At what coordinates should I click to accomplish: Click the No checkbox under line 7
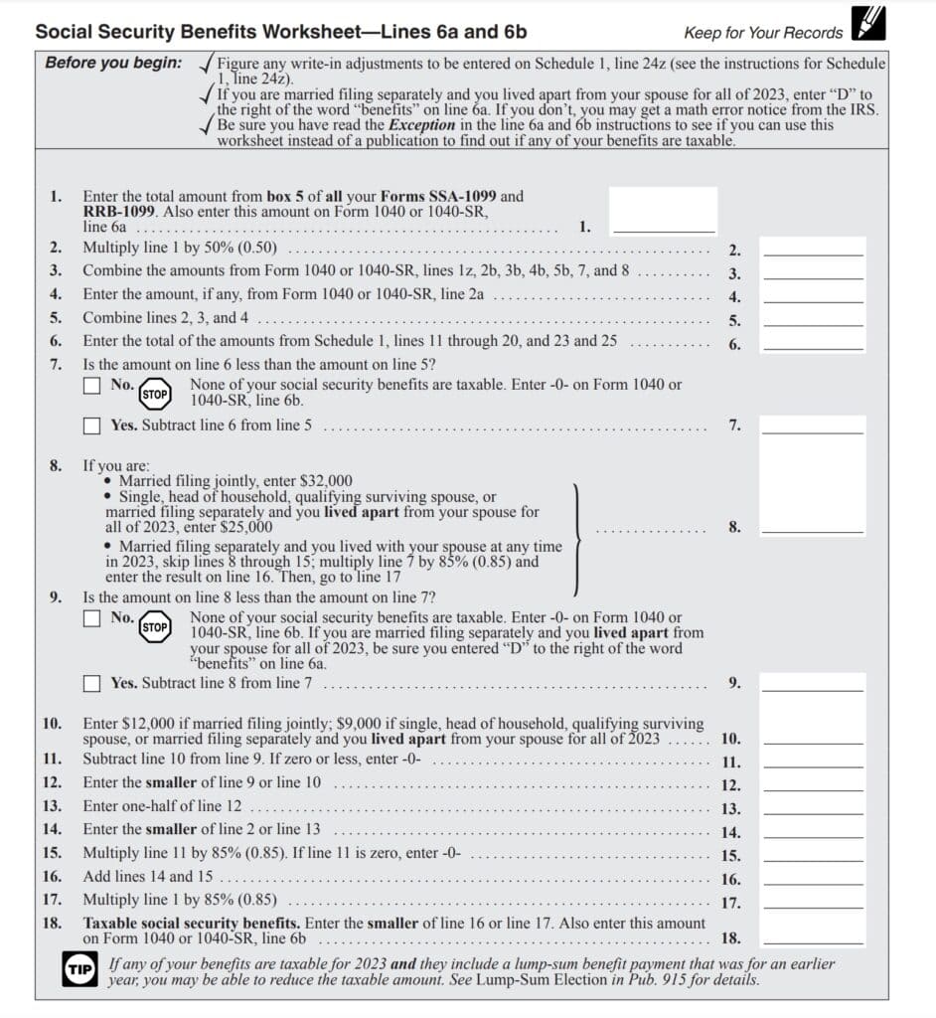click(92, 385)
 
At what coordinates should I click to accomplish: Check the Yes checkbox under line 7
click(92, 425)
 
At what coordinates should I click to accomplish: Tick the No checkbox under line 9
click(92, 618)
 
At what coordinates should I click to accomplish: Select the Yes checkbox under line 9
click(92, 683)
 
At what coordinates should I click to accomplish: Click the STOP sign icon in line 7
click(154, 393)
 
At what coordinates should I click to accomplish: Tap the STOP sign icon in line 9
click(154, 627)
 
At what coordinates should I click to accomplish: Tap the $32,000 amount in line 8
click(323, 480)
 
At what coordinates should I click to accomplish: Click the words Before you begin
click(113, 63)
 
